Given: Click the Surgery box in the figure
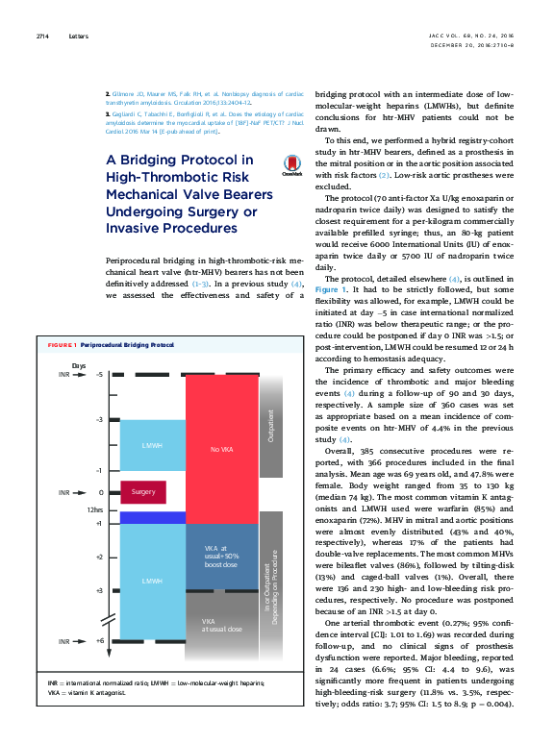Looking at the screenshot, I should click(x=143, y=491).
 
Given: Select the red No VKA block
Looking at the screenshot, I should click(x=222, y=447).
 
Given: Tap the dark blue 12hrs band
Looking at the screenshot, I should click(x=153, y=517).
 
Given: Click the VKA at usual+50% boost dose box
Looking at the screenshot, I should click(x=222, y=557).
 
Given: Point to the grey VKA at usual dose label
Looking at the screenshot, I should click(x=214, y=626).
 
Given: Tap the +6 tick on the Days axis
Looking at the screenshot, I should click(x=100, y=639).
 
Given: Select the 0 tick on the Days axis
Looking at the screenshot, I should click(x=101, y=491).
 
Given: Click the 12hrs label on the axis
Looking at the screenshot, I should click(x=95, y=509).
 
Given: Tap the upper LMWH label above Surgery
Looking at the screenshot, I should click(x=153, y=447).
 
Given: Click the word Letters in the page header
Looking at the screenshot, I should click(x=78, y=37).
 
